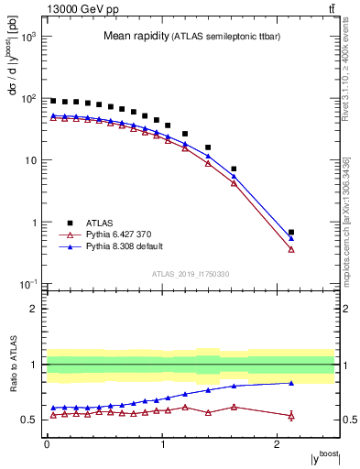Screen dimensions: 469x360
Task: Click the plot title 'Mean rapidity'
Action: pos(134,37)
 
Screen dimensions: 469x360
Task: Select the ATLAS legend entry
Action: pos(100,223)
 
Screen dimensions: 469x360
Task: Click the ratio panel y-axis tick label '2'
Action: pos(33,309)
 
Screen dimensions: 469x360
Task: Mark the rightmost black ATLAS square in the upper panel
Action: pos(291,233)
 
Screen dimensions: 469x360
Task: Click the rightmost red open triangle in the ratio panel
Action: pos(291,416)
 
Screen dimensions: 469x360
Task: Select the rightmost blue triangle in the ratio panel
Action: pos(291,383)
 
